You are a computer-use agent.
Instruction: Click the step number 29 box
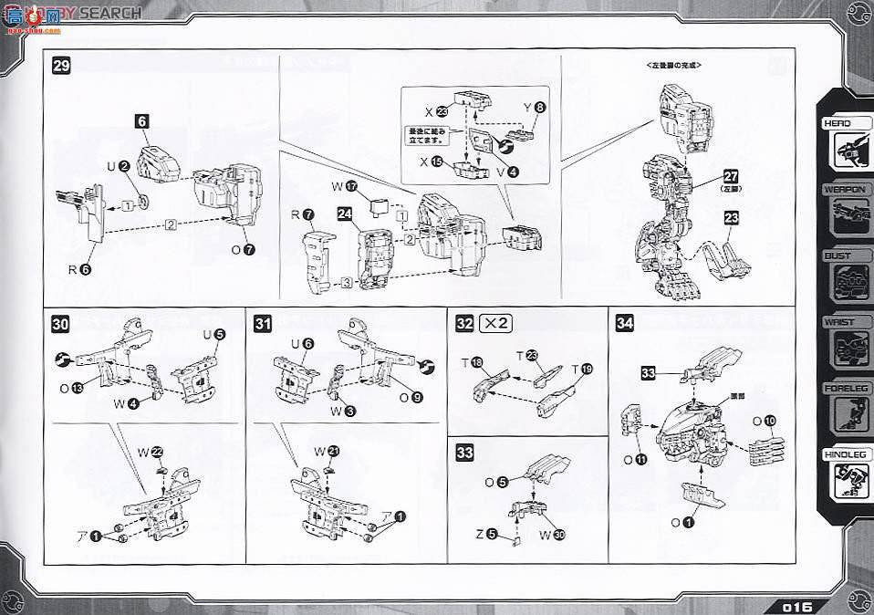point(61,66)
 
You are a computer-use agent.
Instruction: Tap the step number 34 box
point(625,322)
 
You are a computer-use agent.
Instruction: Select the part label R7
point(303,215)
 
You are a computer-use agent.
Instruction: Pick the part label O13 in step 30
point(72,388)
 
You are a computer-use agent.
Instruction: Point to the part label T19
point(580,370)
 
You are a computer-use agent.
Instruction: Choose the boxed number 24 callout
point(344,216)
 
